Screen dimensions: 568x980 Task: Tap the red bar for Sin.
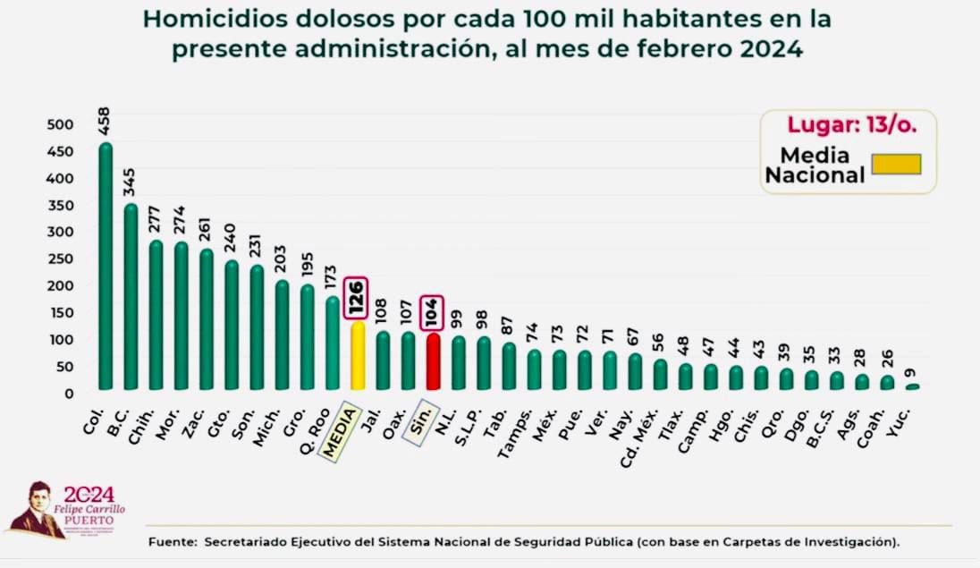pyautogui.click(x=433, y=361)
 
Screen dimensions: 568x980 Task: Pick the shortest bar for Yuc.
pyautogui.click(x=912, y=386)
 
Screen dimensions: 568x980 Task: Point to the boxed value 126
pyautogui.click(x=357, y=296)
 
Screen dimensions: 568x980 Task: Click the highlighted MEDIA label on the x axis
pyautogui.click(x=341, y=432)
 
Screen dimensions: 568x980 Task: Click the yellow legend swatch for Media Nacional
pyautogui.click(x=896, y=164)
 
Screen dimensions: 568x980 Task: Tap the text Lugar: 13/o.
pyautogui.click(x=850, y=125)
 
